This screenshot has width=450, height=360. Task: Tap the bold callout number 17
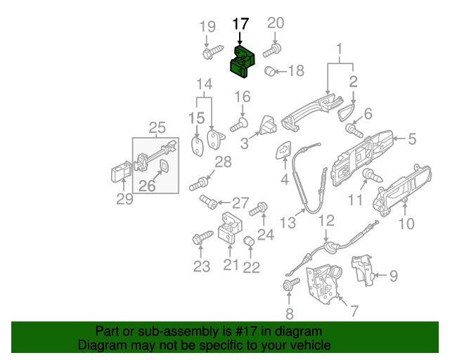pyautogui.click(x=240, y=24)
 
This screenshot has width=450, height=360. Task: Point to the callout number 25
pyautogui.click(x=157, y=127)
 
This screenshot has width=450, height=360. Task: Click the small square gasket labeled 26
pyautogui.click(x=164, y=167)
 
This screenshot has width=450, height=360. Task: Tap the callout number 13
pyautogui.click(x=288, y=223)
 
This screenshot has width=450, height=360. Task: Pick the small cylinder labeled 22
pyautogui.click(x=249, y=243)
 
